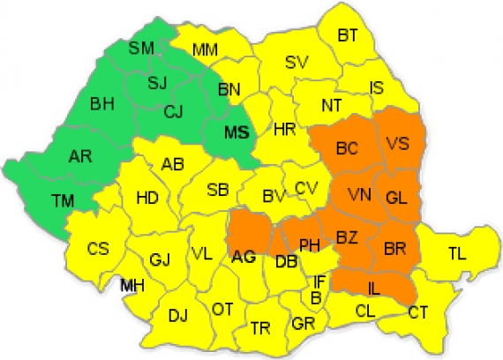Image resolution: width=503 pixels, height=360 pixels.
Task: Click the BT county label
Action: click(349, 35)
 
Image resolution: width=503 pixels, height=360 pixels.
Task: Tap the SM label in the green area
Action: click(140, 49)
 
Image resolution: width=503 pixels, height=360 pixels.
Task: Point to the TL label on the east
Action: click(456, 254)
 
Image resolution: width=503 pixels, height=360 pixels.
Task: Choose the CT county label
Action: click(418, 311)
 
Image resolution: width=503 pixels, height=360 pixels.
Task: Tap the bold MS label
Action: click(235, 134)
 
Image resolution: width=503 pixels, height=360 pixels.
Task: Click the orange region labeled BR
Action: click(394, 250)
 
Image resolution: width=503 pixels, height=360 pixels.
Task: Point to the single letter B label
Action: click(315, 296)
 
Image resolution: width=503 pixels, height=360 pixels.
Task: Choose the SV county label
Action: click(296, 62)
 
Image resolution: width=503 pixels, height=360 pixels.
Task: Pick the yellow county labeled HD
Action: click(147, 198)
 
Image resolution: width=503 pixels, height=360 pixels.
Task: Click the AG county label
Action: click(243, 258)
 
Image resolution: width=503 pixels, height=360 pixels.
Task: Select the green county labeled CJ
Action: click(174, 112)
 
